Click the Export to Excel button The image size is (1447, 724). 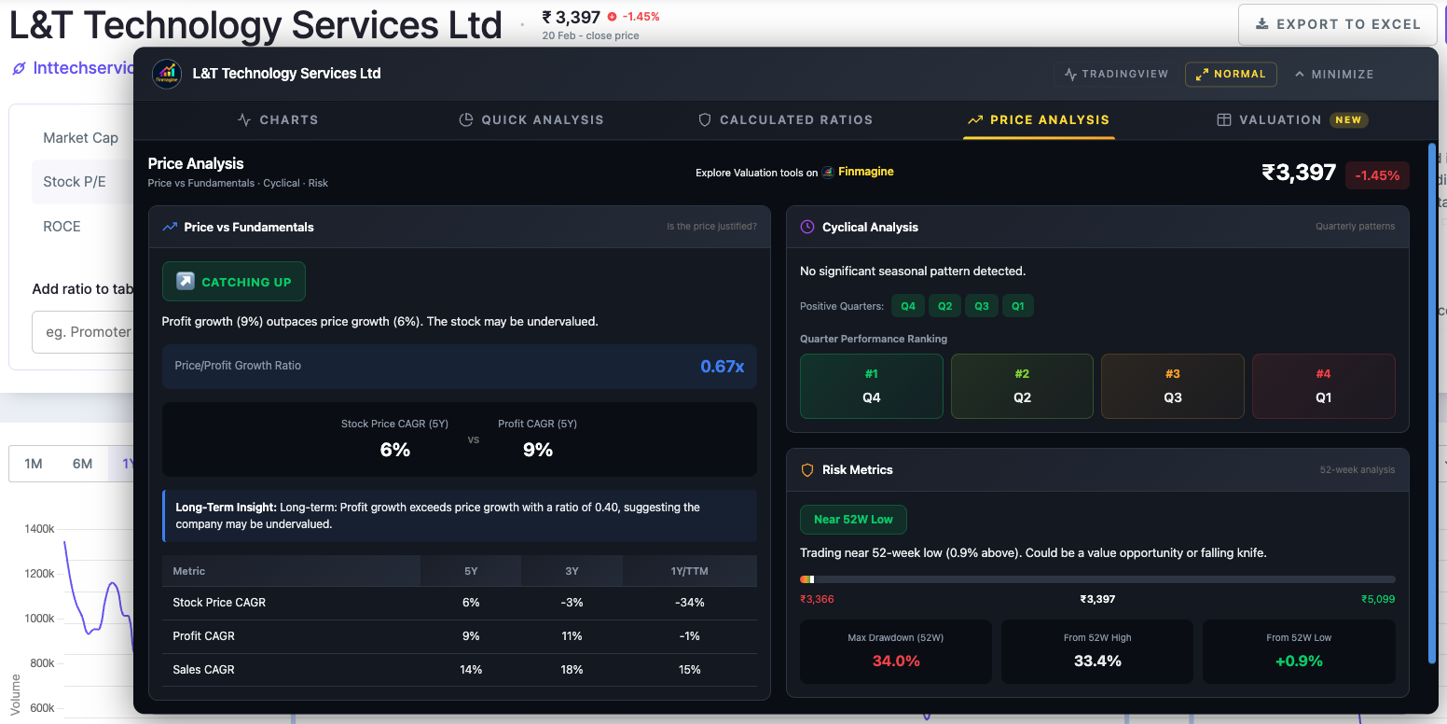1337,24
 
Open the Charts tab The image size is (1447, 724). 278,119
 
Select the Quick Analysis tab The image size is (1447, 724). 531,119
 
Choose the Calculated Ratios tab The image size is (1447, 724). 786,119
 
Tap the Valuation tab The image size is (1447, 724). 1292,119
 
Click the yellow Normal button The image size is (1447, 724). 1231,74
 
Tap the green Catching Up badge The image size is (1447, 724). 234,282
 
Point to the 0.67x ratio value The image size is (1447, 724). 722,366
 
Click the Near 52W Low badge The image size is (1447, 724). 853,519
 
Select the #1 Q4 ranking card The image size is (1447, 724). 871,386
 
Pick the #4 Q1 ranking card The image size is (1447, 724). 1323,386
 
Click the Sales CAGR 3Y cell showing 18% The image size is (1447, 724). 572,670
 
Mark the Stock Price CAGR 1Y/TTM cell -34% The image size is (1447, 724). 689,603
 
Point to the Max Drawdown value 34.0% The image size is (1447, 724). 895,661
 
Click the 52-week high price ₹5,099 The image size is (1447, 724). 1377,599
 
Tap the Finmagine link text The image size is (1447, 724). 865,172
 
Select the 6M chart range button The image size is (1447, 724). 82,464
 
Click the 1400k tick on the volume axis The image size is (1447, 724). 39,529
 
